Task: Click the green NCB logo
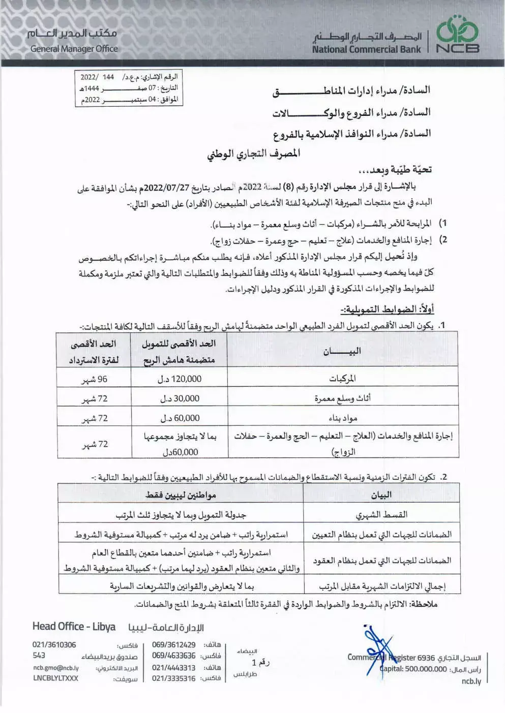pyautogui.click(x=458, y=35)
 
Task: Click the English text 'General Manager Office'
pyautogui.click(x=74, y=49)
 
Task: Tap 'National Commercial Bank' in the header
pyautogui.click(x=366, y=49)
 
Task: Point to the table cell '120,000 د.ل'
pyautogui.click(x=180, y=379)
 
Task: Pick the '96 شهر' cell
pyautogui.click(x=95, y=379)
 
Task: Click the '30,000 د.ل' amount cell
pyautogui.click(x=180, y=398)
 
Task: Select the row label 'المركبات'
pyautogui.click(x=342, y=379)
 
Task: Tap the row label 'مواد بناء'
pyautogui.click(x=343, y=418)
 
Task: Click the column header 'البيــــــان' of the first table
pyautogui.click(x=342, y=351)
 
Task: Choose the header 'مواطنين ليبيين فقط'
pyautogui.click(x=181, y=494)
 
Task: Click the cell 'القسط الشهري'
pyautogui.click(x=381, y=514)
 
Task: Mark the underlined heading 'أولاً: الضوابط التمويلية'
pyautogui.click(x=387, y=309)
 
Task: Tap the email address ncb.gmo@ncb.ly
pyautogui.click(x=56, y=668)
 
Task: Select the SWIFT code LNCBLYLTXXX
pyautogui.click(x=56, y=678)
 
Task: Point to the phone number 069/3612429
pyautogui.click(x=174, y=644)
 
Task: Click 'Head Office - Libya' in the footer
pyautogui.click(x=74, y=627)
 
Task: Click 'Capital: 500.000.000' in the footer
pyautogui.click(x=413, y=669)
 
